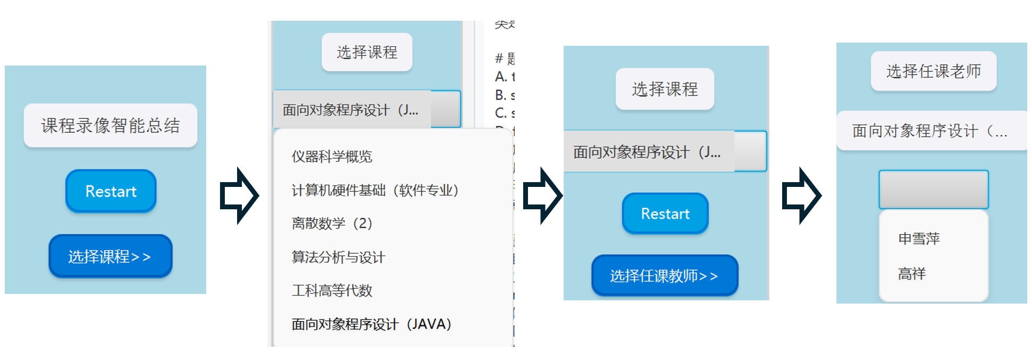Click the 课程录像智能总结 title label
[110, 126]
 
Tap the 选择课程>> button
[110, 256]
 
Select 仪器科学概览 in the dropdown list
[332, 157]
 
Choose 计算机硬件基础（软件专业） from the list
[375, 190]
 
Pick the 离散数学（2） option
[332, 223]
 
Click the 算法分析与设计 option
[338, 257]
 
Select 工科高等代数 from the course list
[332, 290]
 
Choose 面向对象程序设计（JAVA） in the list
[371, 324]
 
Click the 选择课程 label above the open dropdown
[367, 52]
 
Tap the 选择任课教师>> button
[664, 275]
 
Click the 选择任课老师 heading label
[933, 71]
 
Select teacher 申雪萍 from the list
[919, 239]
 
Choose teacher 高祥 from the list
[912, 274]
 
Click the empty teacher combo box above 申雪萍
[933, 190]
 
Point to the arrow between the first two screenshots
[239, 195]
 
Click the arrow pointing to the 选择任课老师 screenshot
[801, 195]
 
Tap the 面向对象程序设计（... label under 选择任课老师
[930, 131]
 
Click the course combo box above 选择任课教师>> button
[665, 152]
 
